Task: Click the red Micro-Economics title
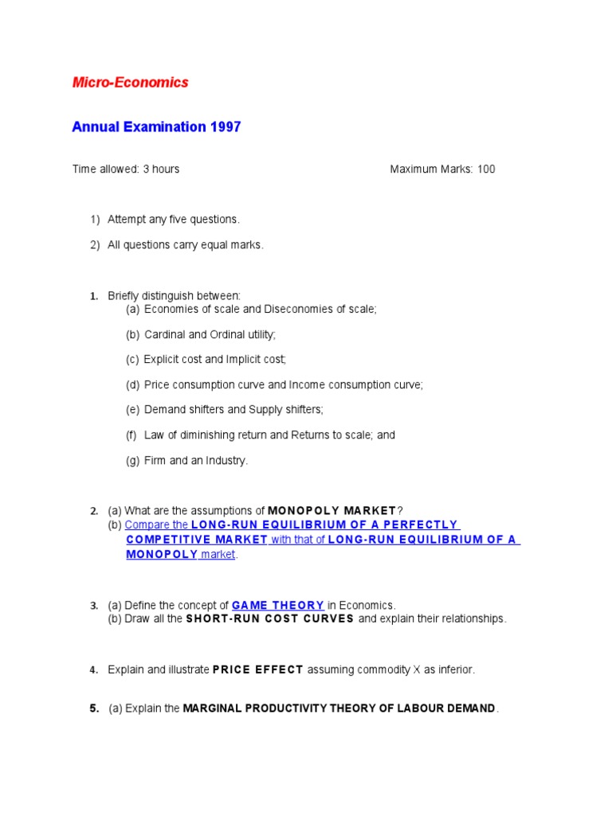coord(130,82)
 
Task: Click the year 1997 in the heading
coord(226,127)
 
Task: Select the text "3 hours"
coord(161,169)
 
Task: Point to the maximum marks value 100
coord(486,169)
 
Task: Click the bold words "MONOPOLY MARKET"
coord(331,510)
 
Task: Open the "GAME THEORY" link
coord(277,605)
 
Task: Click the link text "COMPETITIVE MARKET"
coord(197,540)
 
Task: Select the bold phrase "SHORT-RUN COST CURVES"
coord(270,618)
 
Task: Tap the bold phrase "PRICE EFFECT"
coord(257,669)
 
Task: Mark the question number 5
coord(94,708)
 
